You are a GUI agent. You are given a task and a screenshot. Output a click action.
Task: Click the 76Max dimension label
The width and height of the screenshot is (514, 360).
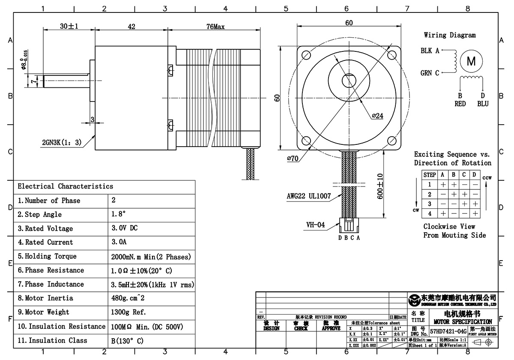coord(215,27)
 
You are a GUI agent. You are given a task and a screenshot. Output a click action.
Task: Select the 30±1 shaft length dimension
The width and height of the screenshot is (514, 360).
coord(69,27)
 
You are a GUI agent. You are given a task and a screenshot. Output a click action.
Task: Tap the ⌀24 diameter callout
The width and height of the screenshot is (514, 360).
coord(377,115)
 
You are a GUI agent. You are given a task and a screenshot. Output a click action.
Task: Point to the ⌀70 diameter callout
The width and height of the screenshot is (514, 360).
coord(293,158)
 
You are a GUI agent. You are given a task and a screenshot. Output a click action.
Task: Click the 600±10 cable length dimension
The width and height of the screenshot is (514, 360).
coord(380,186)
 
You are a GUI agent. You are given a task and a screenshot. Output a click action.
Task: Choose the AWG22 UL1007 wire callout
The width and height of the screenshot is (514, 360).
coord(309,196)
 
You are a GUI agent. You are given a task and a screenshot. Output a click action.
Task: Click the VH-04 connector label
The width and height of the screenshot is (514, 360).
coord(315,225)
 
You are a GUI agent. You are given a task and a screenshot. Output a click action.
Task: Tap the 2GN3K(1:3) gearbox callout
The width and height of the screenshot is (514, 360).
coord(61,142)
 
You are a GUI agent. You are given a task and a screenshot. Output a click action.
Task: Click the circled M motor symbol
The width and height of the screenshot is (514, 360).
coord(471,61)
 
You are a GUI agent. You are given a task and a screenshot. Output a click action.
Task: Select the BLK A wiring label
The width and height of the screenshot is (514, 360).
coord(430,51)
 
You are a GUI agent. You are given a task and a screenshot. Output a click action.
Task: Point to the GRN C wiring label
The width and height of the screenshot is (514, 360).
coord(430,73)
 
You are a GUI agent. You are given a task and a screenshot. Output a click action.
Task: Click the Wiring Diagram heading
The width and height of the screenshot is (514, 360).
coord(450,35)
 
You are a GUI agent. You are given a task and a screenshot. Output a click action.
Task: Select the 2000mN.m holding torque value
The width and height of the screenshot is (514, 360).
coord(150,256)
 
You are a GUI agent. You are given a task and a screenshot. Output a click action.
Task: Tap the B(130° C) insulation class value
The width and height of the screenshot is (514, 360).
coord(127,340)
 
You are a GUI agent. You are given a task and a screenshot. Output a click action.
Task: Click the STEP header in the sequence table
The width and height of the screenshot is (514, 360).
coord(430,175)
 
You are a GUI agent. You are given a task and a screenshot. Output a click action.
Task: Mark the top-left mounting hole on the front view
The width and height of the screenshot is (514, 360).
coord(306,55)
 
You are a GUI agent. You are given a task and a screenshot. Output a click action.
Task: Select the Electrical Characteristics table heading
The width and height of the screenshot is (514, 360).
coord(65,186)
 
